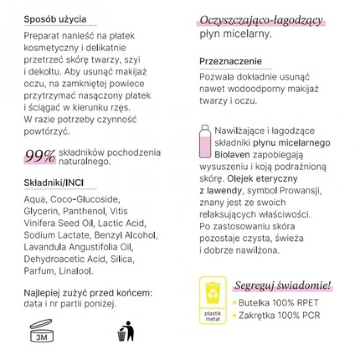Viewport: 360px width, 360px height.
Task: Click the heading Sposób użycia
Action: pyautogui.click(x=54, y=20)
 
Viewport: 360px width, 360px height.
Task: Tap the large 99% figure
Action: pyautogui.click(x=40, y=156)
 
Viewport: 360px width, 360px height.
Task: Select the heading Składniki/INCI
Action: pyautogui.click(x=54, y=182)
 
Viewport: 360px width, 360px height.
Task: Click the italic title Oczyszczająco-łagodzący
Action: pyautogui.click(x=261, y=20)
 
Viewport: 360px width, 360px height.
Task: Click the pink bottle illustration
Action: pyautogui.click(x=205, y=144)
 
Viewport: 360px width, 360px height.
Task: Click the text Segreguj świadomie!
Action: pyautogui.click(x=282, y=285)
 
